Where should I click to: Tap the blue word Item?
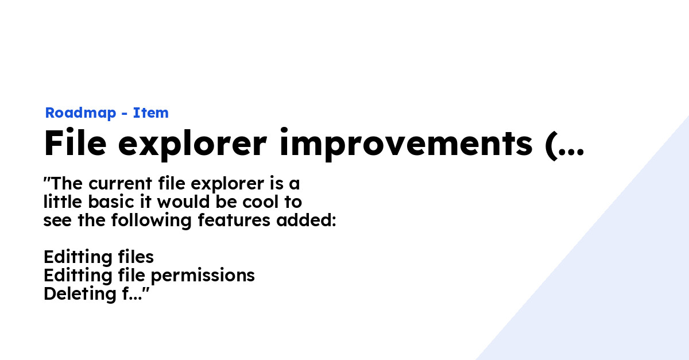151,113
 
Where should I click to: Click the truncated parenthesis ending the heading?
564,144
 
